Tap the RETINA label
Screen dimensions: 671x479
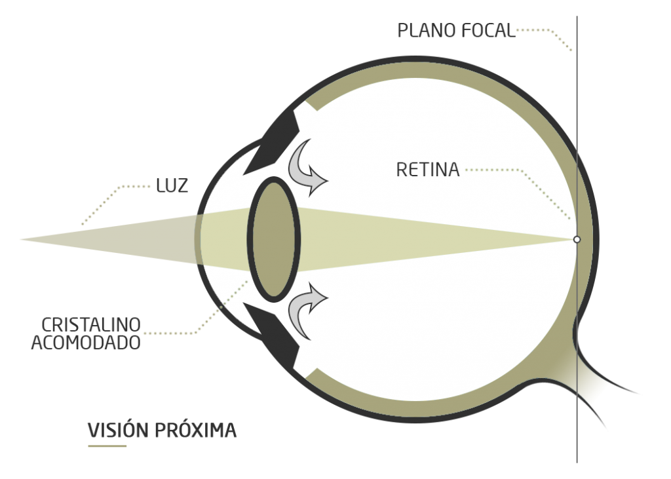point(428,170)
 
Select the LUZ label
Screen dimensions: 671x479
point(172,186)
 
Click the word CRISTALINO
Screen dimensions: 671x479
point(91,325)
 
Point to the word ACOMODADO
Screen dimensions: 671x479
point(86,343)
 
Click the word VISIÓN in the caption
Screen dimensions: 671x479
point(118,431)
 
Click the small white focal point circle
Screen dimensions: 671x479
point(577,240)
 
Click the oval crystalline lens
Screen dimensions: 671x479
point(274,240)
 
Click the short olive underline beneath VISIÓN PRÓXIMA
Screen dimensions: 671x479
point(107,446)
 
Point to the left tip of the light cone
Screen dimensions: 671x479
point(20,240)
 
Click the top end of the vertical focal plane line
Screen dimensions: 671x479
point(577,16)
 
